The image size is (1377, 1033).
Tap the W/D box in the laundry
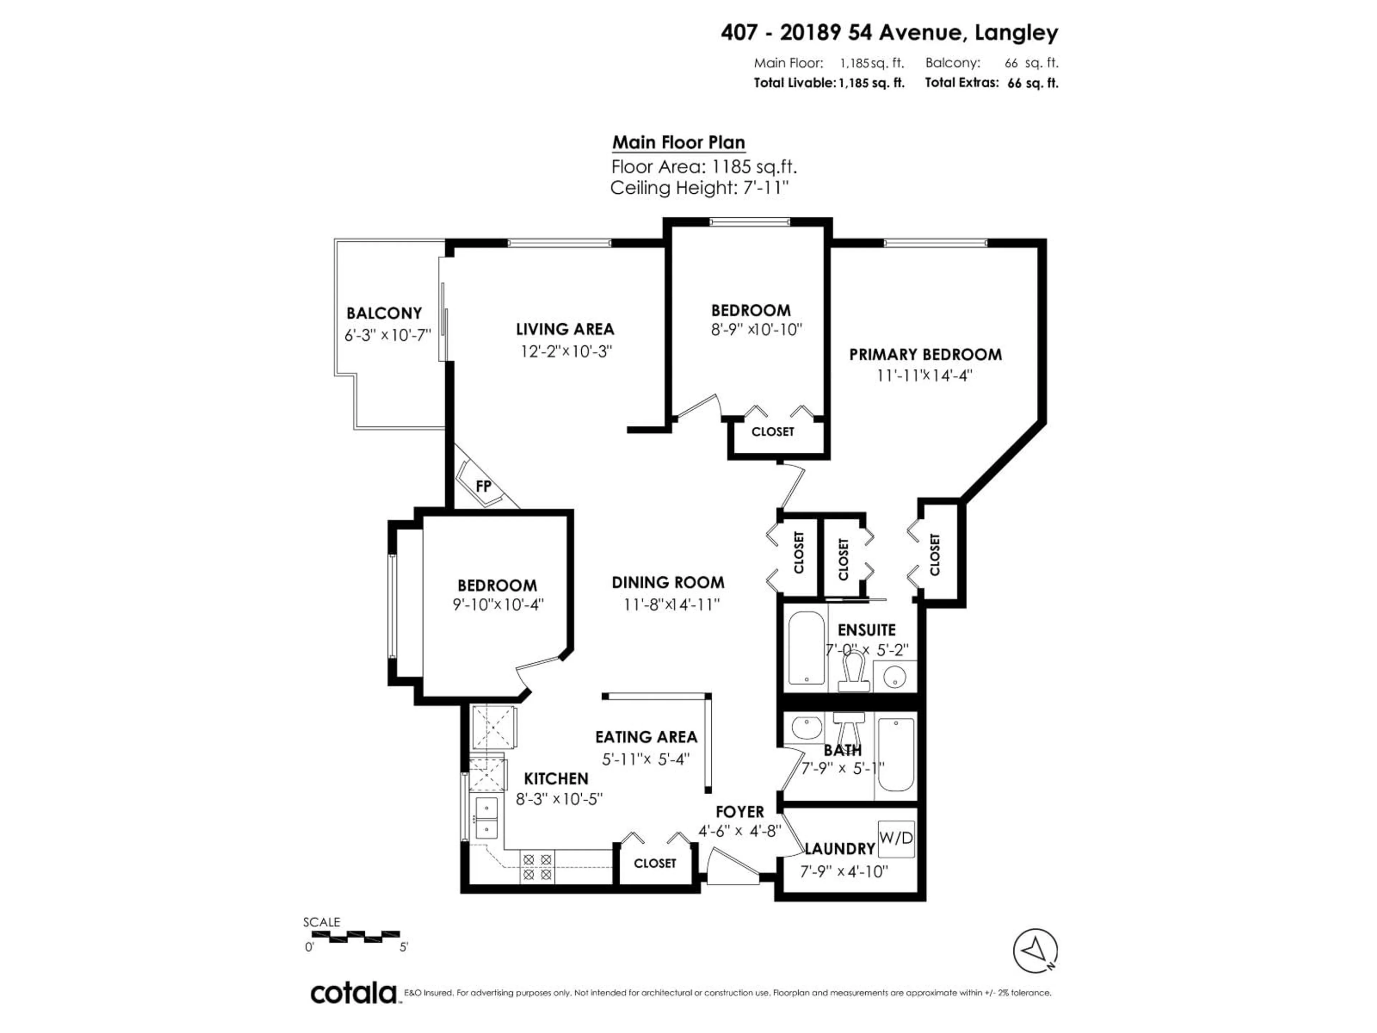[896, 838]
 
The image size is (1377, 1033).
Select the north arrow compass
[1035, 951]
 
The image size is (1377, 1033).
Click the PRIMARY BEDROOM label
[925, 354]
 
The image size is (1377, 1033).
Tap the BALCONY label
[384, 313]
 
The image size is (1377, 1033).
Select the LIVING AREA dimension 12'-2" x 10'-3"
[566, 352]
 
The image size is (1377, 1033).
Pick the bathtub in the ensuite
[806, 648]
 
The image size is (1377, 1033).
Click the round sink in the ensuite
[895, 677]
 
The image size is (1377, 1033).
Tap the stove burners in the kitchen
[537, 867]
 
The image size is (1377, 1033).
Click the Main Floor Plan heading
[678, 143]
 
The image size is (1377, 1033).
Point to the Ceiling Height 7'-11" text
[699, 188]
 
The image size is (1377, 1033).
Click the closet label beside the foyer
[654, 863]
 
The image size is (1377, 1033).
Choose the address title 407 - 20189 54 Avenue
[889, 32]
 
